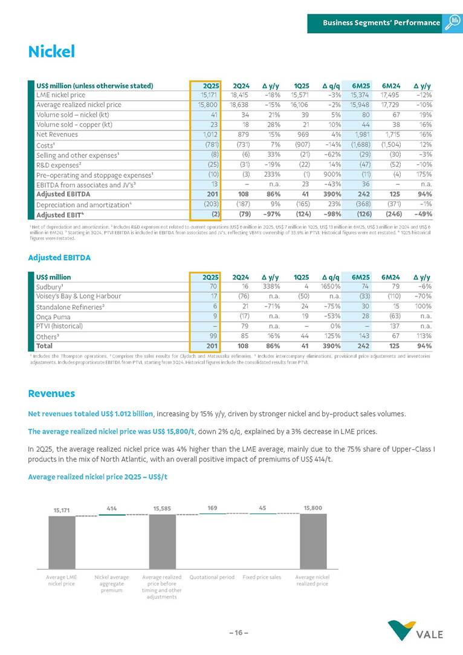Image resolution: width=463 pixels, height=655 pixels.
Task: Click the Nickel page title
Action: tap(51, 52)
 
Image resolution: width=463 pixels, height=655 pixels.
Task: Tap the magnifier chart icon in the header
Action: tap(452, 22)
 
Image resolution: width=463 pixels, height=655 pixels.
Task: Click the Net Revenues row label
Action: tap(57, 134)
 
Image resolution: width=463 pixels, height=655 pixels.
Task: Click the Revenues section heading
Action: tap(51, 394)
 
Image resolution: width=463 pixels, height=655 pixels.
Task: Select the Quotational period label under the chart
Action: tap(212, 578)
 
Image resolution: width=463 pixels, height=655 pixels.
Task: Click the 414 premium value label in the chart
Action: tap(112, 509)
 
